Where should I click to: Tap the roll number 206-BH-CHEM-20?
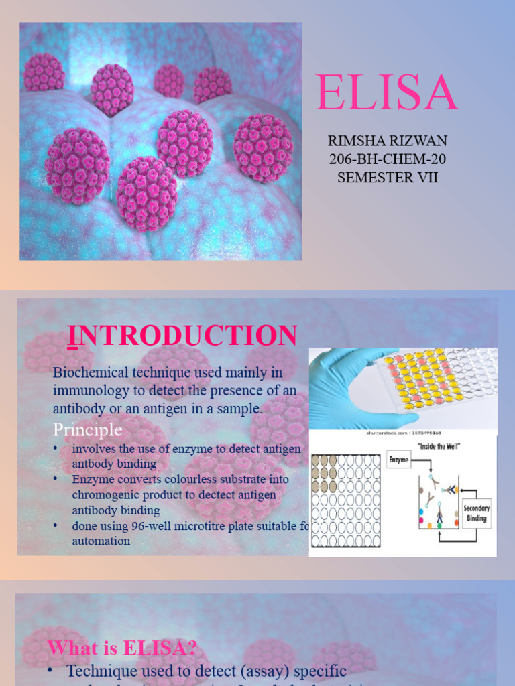387,159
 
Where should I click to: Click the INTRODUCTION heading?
182,336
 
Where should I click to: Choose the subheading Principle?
87,429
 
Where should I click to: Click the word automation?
101,541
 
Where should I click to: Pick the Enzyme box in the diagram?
399,460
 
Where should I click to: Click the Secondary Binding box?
477,513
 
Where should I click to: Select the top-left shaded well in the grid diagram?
319,461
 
